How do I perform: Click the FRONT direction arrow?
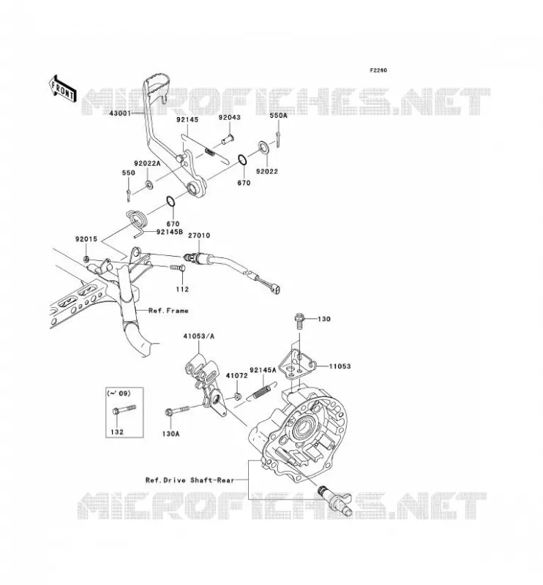coord(63,88)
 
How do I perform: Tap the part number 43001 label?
coord(120,113)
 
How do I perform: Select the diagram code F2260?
coord(378,70)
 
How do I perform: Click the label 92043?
coord(229,117)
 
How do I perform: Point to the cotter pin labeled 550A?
coord(278,140)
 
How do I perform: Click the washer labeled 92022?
coord(263,148)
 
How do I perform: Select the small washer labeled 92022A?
coord(149,184)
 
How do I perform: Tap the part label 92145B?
coord(170,232)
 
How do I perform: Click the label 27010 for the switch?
coord(198,235)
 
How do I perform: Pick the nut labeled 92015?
coord(86,259)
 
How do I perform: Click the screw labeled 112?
coord(178,268)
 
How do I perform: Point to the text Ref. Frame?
coord(168,310)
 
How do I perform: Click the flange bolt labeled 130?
coord(300,321)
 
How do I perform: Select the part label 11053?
coord(340,366)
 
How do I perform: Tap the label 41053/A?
coord(198,336)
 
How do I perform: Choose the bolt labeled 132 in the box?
coord(124,409)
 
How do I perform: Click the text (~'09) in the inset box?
coord(119,393)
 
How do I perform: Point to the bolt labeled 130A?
coord(177,410)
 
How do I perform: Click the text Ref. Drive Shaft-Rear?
coord(190,480)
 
